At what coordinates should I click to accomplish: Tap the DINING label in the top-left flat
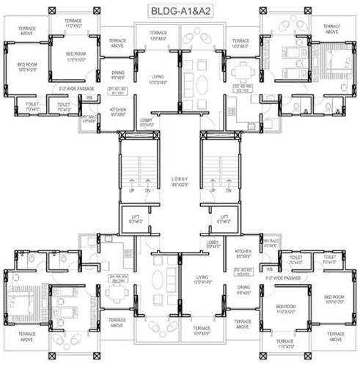(117, 74)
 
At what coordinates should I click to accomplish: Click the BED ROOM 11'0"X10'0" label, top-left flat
(77, 56)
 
